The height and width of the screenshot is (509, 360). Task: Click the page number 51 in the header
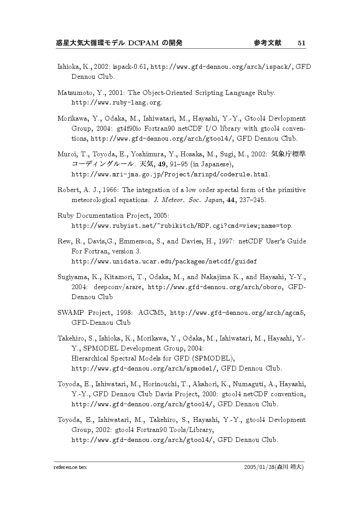(302, 43)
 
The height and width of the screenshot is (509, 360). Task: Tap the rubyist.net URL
(181, 226)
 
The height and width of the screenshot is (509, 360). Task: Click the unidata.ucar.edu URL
(163, 262)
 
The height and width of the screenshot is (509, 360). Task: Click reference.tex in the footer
(71, 468)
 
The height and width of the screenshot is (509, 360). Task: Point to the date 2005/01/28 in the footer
(259, 468)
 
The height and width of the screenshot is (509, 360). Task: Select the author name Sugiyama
(72, 277)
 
